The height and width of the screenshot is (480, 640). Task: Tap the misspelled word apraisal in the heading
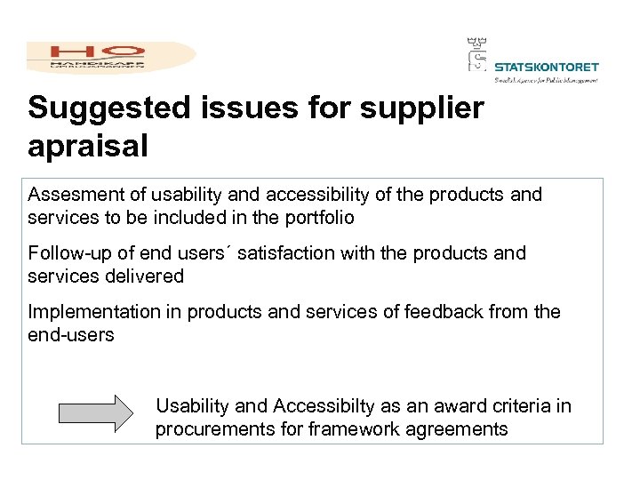[x=88, y=147]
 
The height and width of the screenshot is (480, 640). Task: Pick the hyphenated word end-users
[x=71, y=335]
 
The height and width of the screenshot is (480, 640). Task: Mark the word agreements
[x=453, y=429]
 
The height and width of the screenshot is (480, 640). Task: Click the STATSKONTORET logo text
[x=546, y=67]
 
